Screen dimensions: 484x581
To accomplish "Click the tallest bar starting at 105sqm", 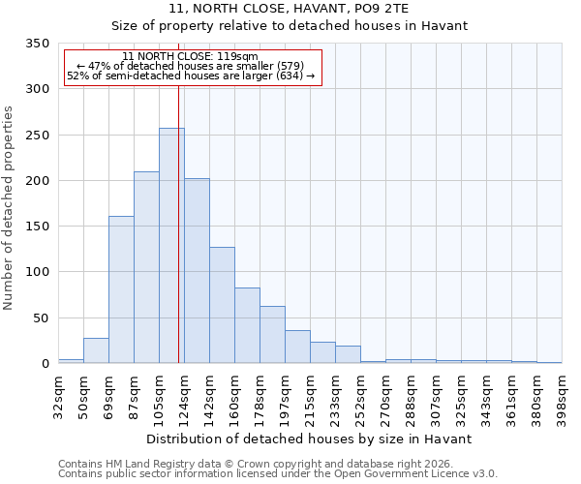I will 171,246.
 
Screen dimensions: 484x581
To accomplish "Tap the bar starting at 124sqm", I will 197,271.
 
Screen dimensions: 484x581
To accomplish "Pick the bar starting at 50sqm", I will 96,350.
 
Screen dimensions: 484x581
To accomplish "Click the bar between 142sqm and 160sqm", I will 222,305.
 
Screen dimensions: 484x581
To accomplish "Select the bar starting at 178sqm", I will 272,335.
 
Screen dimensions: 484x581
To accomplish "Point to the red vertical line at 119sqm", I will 179,223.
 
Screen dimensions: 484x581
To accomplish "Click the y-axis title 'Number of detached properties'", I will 9,209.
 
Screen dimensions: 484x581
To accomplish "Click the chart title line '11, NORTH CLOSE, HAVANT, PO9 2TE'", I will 289,9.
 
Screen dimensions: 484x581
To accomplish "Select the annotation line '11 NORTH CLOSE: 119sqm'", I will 191,56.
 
